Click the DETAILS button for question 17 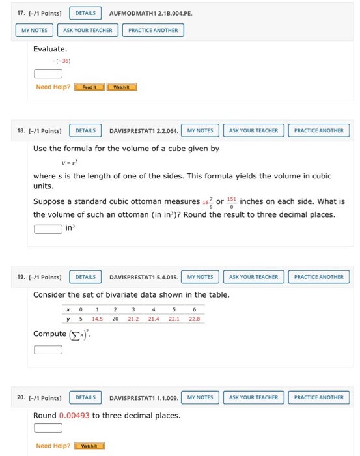pyautogui.click(x=85, y=13)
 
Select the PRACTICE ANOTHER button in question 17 pyautogui.click(x=153, y=30)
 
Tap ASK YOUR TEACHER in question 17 pyautogui.click(x=87, y=30)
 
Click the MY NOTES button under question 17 pyautogui.click(x=35, y=30)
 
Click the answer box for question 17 pyautogui.click(x=48, y=73)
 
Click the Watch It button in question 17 pyautogui.click(x=121, y=87)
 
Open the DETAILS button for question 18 pyautogui.click(x=85, y=130)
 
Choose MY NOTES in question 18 pyautogui.click(x=200, y=130)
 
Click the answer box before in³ pyautogui.click(x=48, y=229)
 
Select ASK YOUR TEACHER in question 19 pyautogui.click(x=253, y=277)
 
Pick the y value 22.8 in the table pyautogui.click(x=194, y=319)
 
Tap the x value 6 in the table pyautogui.click(x=194, y=310)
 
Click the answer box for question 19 pyautogui.click(x=48, y=350)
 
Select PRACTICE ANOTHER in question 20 pyautogui.click(x=318, y=397)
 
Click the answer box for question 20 pyautogui.click(x=48, y=428)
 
